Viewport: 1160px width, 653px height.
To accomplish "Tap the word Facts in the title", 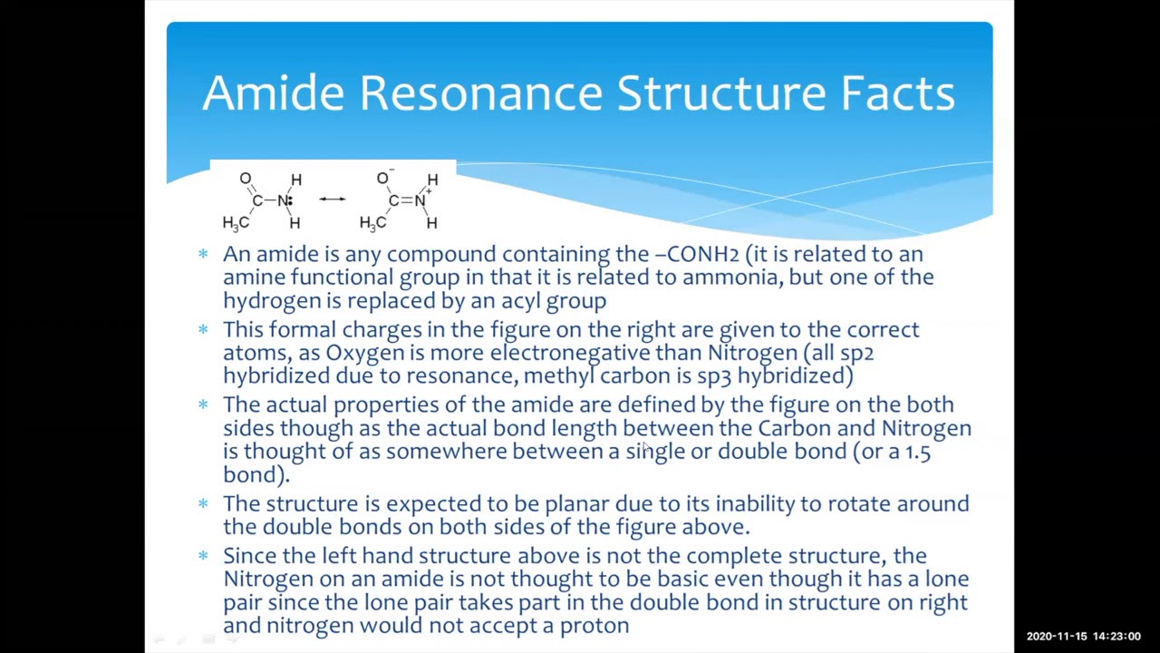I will click(897, 93).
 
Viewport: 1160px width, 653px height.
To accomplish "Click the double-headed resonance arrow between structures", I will click(332, 199).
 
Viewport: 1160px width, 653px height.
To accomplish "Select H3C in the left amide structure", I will click(235, 222).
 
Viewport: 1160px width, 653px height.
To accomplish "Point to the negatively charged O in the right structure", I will click(382, 179).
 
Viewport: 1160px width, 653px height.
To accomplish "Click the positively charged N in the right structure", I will click(420, 200).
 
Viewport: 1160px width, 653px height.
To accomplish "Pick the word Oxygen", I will click(364, 353).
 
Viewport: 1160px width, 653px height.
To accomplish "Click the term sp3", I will click(713, 376).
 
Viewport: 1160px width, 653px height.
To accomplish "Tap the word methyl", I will click(558, 376).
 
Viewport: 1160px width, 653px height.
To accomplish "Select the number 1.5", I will click(917, 452).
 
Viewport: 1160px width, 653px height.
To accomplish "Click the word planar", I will click(576, 504).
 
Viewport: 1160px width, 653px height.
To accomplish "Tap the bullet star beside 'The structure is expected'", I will click(203, 502).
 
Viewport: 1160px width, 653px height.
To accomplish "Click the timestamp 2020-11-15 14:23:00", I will click(1083, 637).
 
